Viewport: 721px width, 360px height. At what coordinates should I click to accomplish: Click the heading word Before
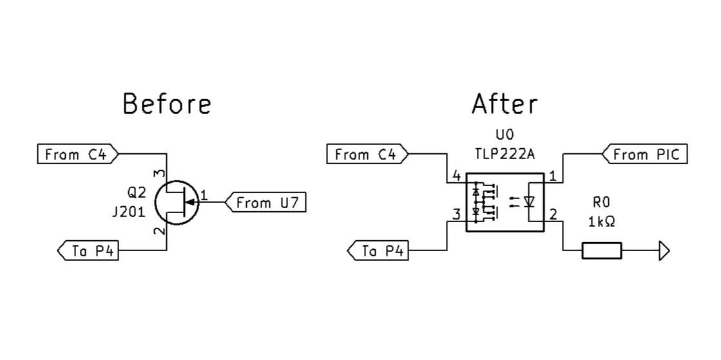point(167,104)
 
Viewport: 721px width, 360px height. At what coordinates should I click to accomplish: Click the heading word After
point(505,104)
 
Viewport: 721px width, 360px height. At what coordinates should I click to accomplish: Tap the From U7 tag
point(265,203)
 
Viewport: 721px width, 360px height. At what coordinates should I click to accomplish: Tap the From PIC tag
point(646,155)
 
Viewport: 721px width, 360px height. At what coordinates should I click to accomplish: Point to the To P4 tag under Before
point(88,251)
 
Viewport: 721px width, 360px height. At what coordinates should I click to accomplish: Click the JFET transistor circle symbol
point(177,202)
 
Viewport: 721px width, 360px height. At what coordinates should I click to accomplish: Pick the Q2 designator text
point(137,193)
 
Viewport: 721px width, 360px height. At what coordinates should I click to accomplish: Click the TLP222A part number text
point(505,155)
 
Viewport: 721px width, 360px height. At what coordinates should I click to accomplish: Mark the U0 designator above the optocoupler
point(505,137)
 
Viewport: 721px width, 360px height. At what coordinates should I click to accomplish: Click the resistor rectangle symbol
point(602,251)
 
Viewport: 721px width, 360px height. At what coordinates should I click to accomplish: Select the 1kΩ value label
point(601,222)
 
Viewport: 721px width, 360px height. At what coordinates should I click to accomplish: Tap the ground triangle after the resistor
point(664,251)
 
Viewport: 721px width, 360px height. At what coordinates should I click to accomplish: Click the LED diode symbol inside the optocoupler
point(530,202)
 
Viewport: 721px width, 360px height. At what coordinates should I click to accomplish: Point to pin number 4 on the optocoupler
point(456,176)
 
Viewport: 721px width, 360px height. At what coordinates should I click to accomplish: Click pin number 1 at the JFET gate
point(204,194)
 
